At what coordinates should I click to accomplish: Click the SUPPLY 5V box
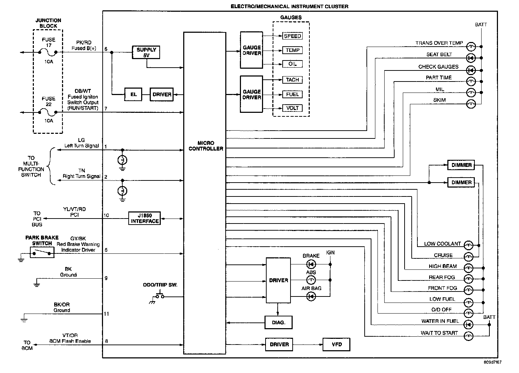146,52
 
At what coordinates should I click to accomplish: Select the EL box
133,94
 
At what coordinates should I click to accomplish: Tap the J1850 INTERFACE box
145,218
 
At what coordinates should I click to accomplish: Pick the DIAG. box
278,322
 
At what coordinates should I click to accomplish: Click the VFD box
336,345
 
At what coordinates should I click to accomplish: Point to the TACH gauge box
292,80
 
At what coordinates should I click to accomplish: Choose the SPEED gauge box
292,36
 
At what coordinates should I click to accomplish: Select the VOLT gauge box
292,108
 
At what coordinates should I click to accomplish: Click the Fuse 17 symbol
48,53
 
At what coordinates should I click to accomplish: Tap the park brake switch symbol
42,252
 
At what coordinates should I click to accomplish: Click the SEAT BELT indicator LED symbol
471,58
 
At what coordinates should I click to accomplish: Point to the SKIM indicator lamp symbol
471,104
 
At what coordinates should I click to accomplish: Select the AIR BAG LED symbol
311,296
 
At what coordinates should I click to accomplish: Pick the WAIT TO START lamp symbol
468,336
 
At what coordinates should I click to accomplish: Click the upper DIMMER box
461,165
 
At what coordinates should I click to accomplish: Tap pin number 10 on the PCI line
106,215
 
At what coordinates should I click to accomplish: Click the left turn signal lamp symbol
122,160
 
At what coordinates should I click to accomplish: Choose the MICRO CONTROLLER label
206,146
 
